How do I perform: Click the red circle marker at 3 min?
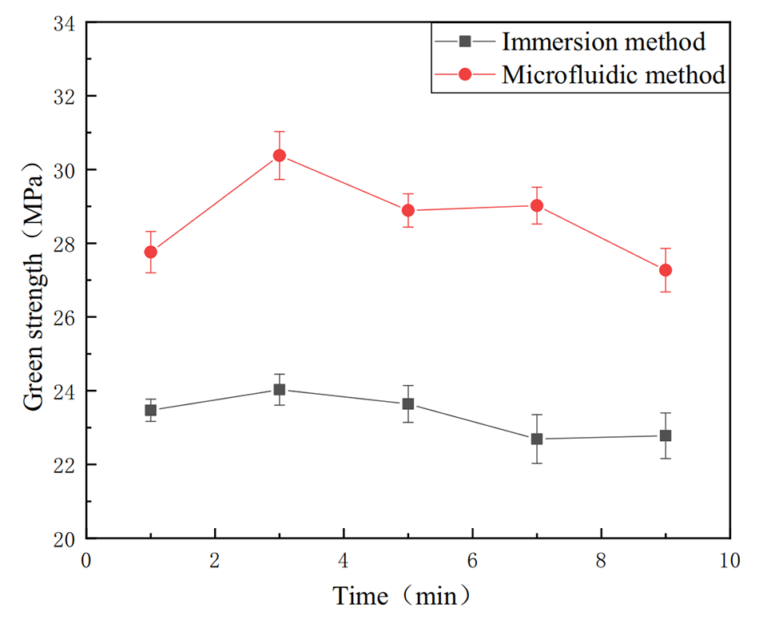[279, 155]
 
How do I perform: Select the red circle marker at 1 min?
[150, 252]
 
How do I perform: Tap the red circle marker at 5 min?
[407, 210]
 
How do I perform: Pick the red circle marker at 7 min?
[537, 205]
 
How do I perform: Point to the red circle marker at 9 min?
[666, 270]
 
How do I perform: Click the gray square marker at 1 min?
[150, 410]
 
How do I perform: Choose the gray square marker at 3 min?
[279, 389]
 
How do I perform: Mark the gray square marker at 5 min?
[407, 403]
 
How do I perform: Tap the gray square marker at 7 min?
[537, 439]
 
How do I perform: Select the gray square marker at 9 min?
[666, 435]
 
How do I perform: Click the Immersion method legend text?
[603, 40]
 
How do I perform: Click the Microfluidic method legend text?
[614, 75]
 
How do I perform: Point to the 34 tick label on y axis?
[65, 23]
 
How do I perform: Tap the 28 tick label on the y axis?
[65, 244]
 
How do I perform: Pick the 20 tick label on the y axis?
[65, 539]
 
